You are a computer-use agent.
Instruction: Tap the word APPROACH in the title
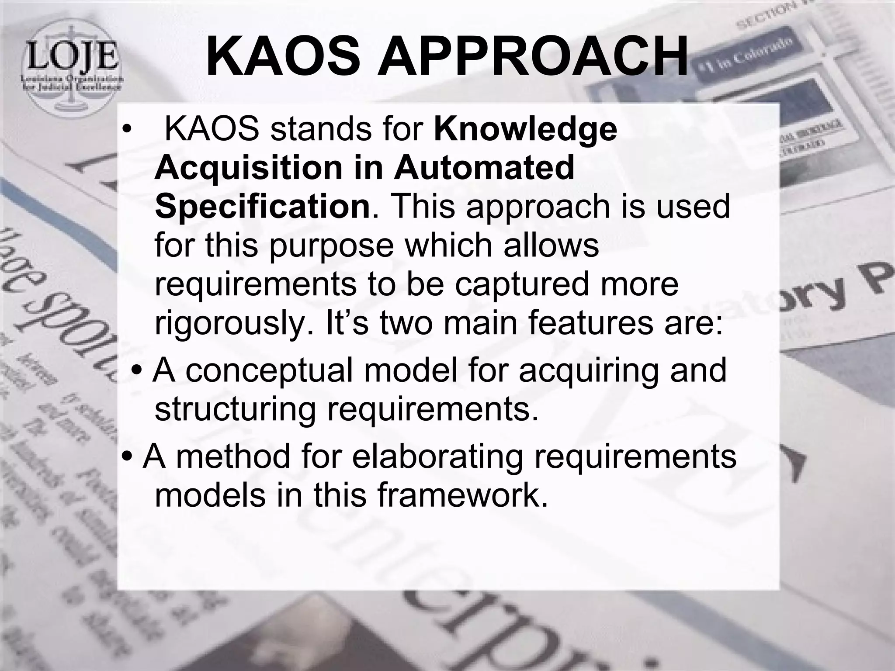pyautogui.click(x=533, y=55)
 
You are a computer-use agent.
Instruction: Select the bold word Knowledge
pyautogui.click(x=525, y=130)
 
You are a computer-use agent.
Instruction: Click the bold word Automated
pyautogui.click(x=484, y=168)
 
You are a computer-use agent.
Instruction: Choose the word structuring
pyautogui.click(x=235, y=409)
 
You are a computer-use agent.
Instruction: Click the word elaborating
pyautogui.click(x=437, y=456)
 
